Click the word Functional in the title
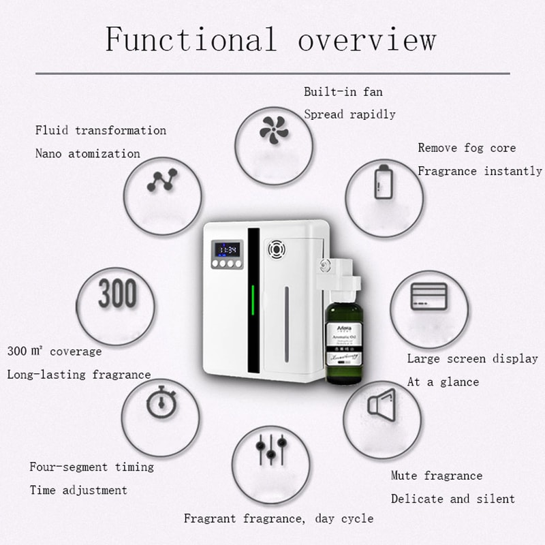[190, 39]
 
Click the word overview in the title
[367, 39]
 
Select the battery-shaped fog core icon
[384, 181]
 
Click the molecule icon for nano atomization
[161, 181]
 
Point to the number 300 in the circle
[117, 294]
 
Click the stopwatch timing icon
[160, 403]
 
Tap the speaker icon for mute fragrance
[381, 406]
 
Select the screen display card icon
[429, 296]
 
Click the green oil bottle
[345, 343]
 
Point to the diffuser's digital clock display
[226, 249]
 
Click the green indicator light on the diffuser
[253, 300]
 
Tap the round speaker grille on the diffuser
[276, 249]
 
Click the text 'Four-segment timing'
[91, 467]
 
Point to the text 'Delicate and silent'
[452, 499]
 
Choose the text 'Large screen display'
[472, 358]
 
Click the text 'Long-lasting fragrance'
[79, 374]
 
